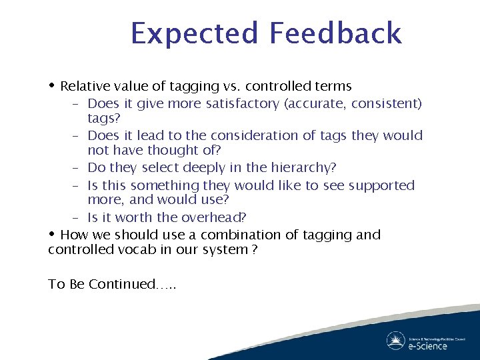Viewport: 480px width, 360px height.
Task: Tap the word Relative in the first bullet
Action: (83, 86)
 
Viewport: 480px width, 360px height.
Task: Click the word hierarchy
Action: (301, 168)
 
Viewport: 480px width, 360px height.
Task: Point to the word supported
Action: (377, 185)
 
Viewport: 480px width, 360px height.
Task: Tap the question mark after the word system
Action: (254, 249)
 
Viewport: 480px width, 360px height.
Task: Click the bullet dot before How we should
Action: (53, 234)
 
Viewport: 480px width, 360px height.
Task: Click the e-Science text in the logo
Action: (427, 345)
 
